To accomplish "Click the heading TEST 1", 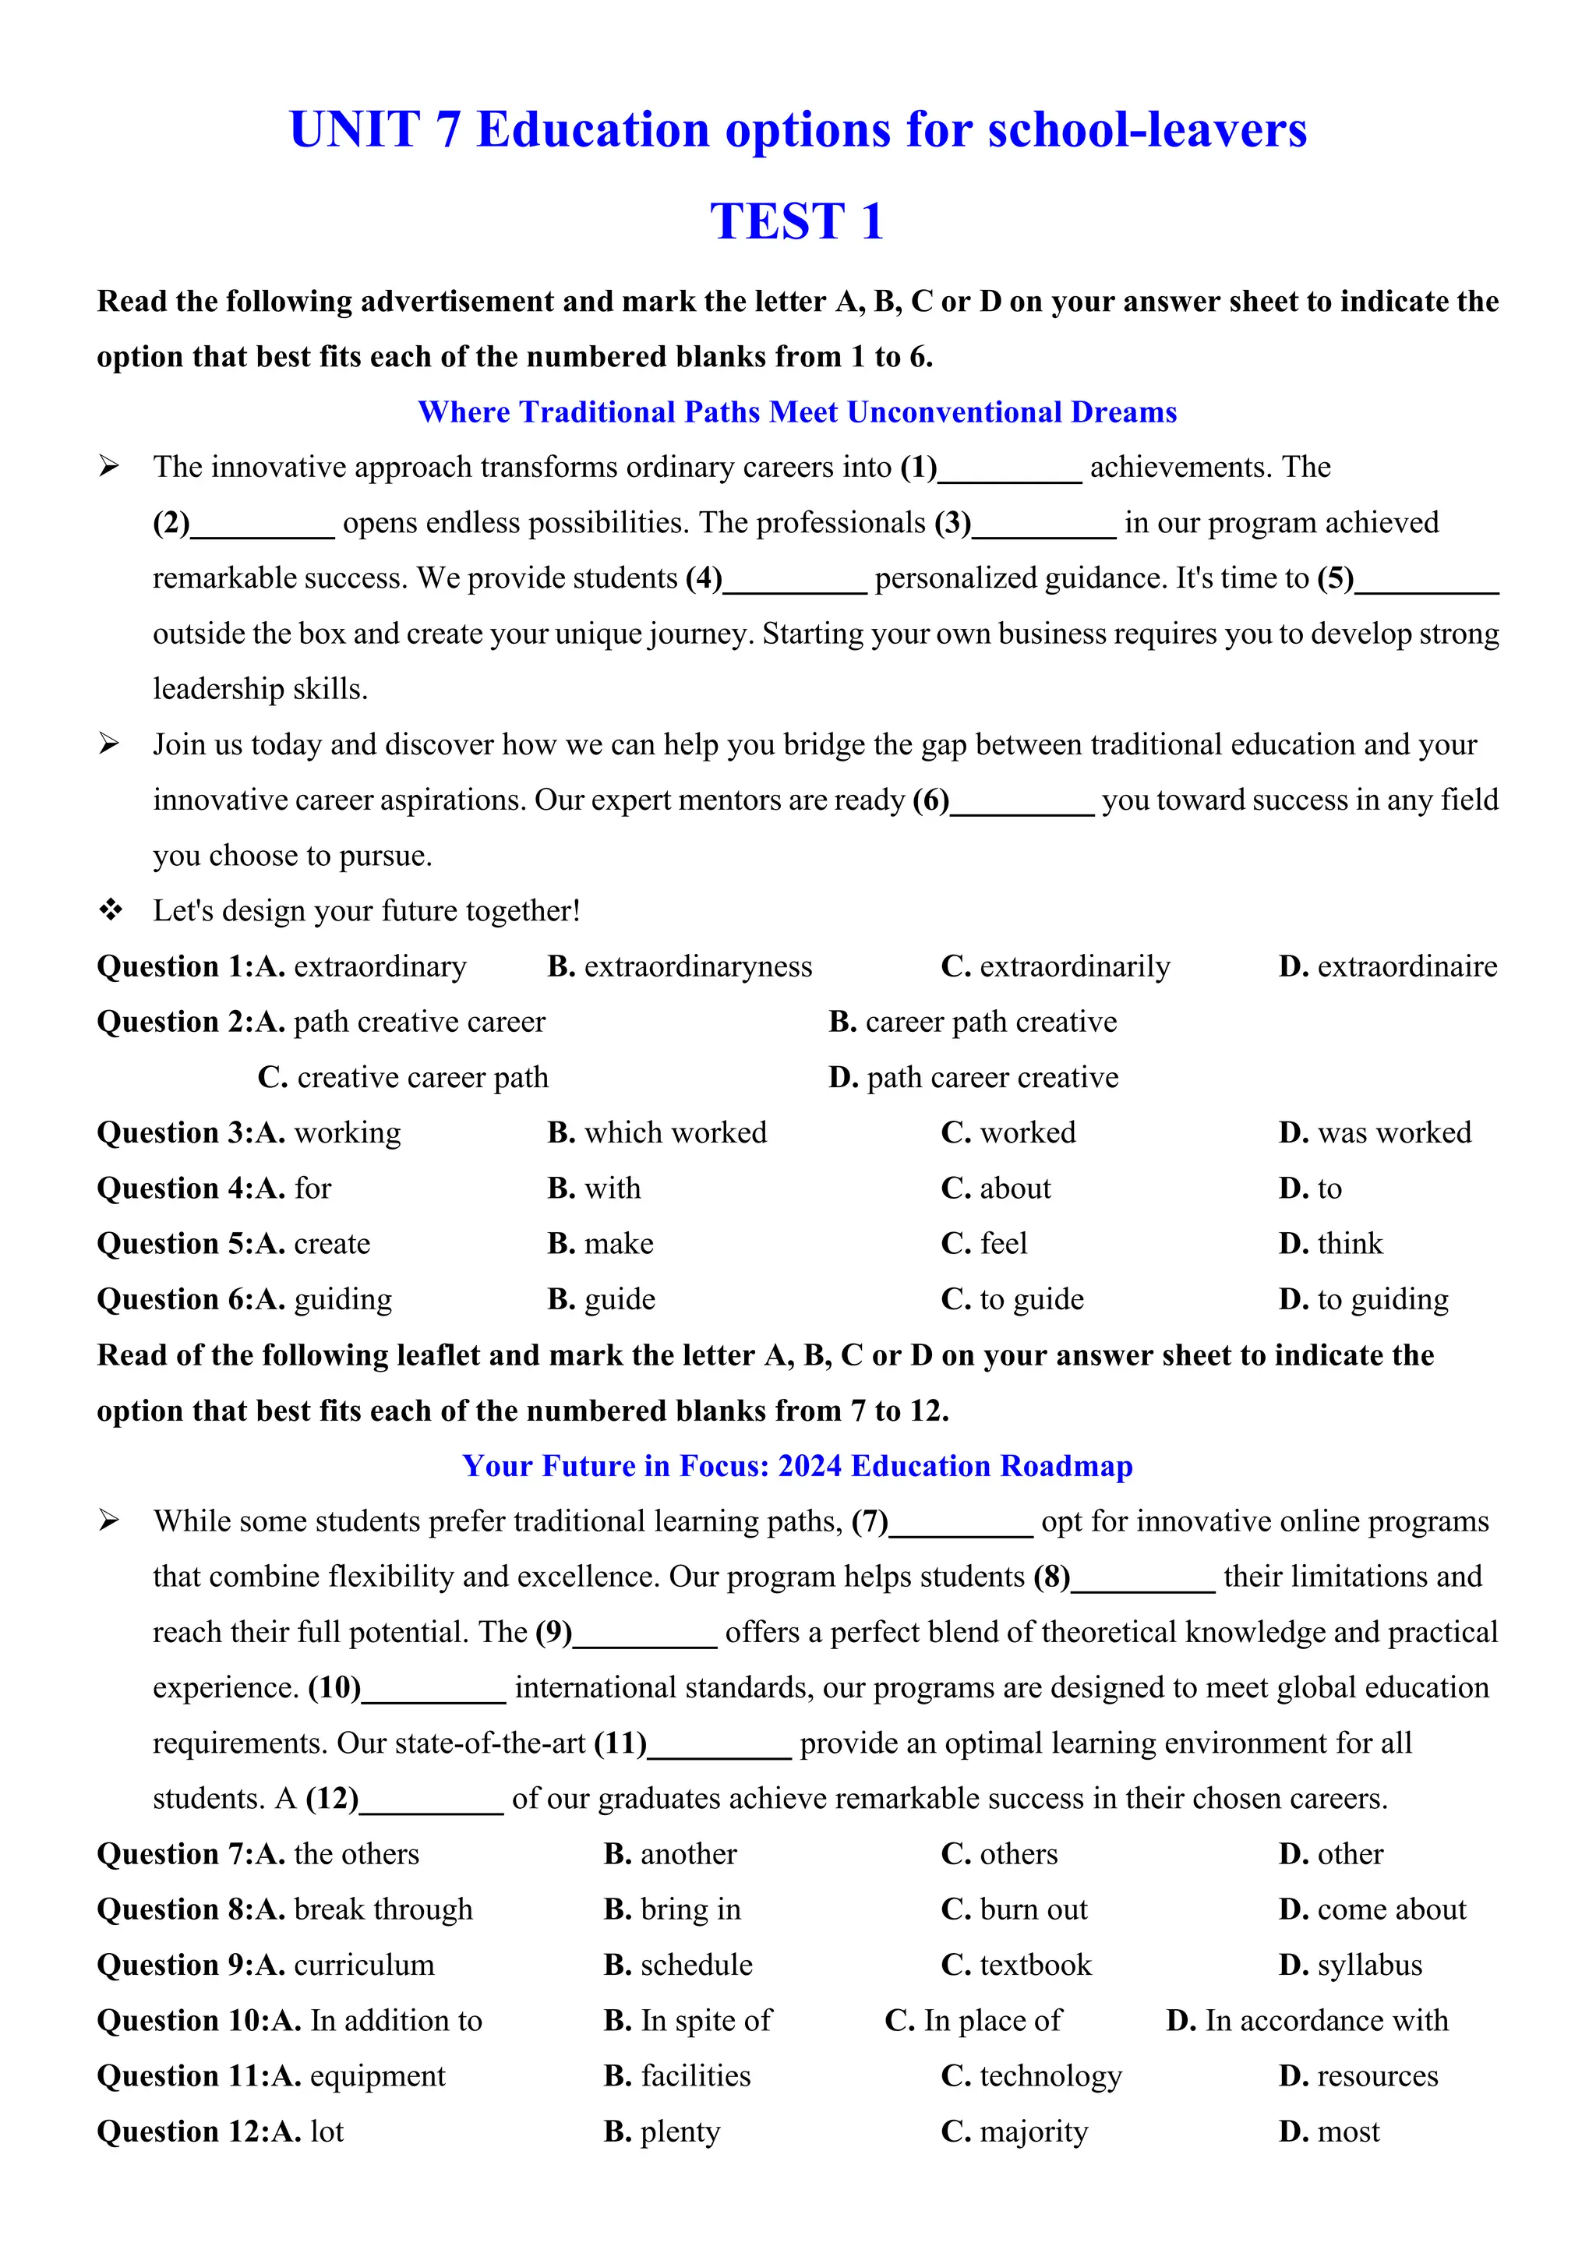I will [x=797, y=221].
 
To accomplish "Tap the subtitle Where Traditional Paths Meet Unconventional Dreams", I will [x=797, y=411].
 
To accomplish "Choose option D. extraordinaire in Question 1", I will [x=1388, y=966].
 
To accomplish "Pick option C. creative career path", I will [x=403, y=1077].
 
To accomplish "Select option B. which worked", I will [x=656, y=1132].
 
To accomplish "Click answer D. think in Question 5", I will [x=1329, y=1244].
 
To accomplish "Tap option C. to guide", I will [x=1012, y=1299].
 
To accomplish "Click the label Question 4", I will [x=169, y=1189].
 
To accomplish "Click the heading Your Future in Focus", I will [x=797, y=1466].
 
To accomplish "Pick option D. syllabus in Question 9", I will [x=1351, y=1965].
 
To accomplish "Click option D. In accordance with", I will [x=1307, y=2020].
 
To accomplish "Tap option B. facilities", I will [x=677, y=2075].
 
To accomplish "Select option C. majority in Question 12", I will [x=1014, y=2132].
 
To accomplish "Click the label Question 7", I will [x=169, y=1854].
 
